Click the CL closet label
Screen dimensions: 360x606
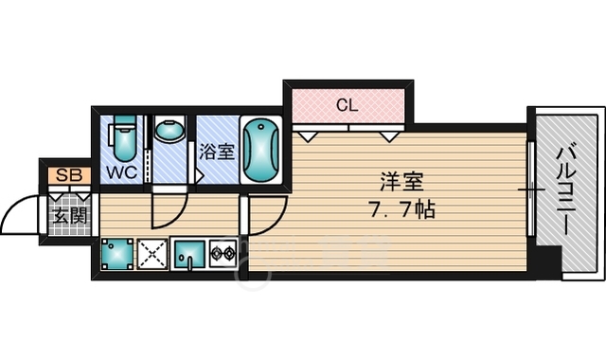tap(347, 105)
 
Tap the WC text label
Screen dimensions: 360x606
tap(119, 173)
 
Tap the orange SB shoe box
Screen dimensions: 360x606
tap(66, 175)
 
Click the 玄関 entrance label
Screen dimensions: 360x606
tap(69, 216)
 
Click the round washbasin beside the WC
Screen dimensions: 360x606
tap(170, 132)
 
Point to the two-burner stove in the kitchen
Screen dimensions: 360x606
tap(223, 255)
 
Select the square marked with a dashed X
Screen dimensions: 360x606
tap(152, 255)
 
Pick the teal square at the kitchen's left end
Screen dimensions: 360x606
tap(116, 255)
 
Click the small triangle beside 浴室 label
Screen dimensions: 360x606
tap(199, 175)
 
